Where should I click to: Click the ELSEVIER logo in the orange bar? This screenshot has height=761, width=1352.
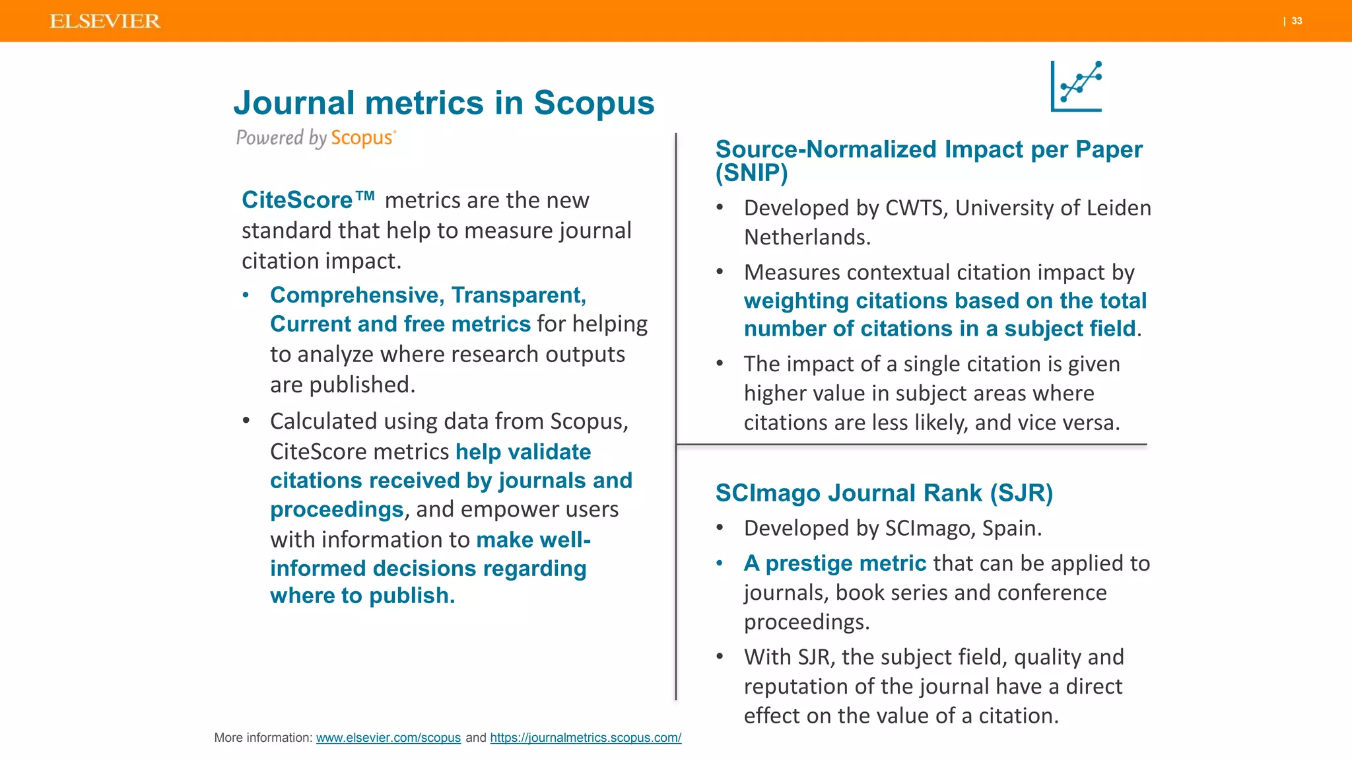[x=105, y=21]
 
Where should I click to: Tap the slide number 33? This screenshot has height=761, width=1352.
[x=1297, y=21]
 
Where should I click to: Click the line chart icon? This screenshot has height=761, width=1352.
[x=1077, y=87]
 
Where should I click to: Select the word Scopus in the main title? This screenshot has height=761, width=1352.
[x=593, y=103]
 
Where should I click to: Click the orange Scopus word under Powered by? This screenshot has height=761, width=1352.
[x=362, y=138]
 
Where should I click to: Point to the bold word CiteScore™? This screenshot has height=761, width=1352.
[x=308, y=200]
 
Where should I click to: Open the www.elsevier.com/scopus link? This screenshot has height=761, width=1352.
[x=388, y=738]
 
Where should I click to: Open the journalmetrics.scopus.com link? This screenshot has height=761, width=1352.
[x=586, y=738]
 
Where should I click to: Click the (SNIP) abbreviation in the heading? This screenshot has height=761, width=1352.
[x=751, y=173]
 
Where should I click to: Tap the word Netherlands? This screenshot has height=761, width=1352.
[x=807, y=237]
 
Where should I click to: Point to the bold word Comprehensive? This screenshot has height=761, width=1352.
[x=357, y=295]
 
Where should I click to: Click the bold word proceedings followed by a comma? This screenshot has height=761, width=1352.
[x=337, y=510]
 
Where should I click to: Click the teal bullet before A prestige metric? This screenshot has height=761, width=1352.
[x=720, y=563]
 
